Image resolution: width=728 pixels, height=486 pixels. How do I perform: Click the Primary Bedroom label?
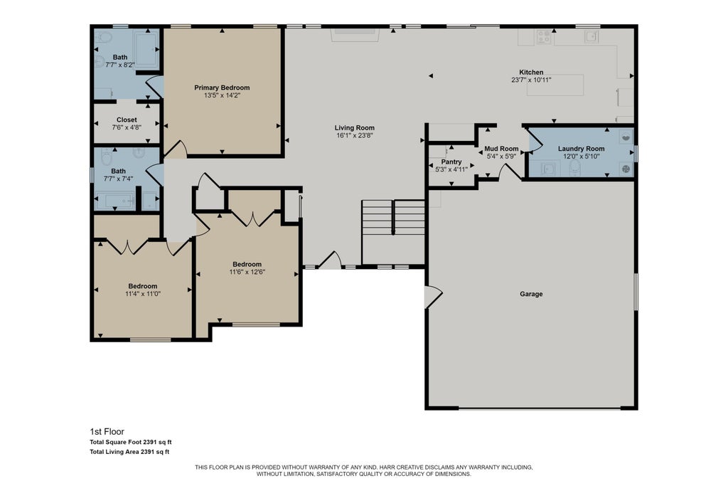222,88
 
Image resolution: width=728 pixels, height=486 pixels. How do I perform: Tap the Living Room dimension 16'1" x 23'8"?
355,136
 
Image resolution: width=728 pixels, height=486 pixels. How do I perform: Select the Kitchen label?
531,72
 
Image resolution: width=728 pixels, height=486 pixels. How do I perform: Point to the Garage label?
531,294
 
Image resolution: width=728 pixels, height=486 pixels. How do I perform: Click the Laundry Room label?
582,149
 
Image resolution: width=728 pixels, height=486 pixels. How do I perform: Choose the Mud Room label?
501,149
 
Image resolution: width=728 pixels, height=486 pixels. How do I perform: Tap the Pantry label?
451,162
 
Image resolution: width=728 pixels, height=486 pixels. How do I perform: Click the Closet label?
127,120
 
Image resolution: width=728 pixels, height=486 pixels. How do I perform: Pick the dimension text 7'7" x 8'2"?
120,65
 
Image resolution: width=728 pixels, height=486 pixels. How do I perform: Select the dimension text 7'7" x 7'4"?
119,179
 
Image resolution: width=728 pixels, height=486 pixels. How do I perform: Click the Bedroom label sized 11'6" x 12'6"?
247,264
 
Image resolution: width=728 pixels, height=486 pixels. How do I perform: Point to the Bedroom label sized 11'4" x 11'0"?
143,286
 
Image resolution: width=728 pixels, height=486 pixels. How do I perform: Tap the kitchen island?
555,85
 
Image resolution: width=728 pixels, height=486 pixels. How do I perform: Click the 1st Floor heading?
107,432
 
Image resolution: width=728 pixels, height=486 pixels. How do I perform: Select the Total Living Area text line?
129,452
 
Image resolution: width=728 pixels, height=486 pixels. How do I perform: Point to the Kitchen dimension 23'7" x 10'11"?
531,80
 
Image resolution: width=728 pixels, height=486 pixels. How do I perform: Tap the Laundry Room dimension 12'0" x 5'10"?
582,157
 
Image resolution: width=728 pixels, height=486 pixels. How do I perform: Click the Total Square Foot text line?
131,443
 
